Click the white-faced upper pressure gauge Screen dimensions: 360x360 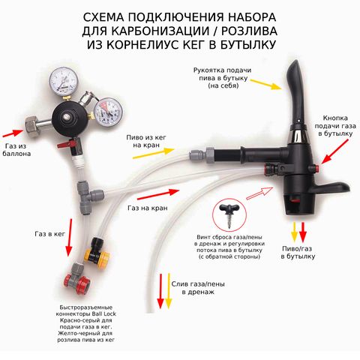point(64,80)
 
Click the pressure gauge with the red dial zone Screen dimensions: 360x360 point(108,112)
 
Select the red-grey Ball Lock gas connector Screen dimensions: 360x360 point(76,278)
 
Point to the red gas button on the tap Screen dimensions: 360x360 point(316,167)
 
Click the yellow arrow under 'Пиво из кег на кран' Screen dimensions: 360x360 point(153,153)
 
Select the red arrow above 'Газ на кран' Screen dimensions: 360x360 point(158,195)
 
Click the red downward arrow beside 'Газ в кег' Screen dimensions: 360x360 point(69,238)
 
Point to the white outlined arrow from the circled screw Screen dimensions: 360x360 point(259,193)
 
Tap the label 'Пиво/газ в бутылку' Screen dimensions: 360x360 point(298,253)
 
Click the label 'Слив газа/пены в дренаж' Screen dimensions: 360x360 point(198,288)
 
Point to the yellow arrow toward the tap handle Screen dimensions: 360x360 point(266,84)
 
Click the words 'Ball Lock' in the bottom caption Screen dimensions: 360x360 point(103,314)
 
